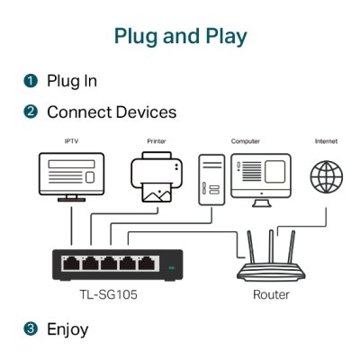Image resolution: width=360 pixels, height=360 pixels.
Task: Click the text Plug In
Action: click(72, 81)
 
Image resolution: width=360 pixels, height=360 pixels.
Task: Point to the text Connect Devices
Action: click(112, 112)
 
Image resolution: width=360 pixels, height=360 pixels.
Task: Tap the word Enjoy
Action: click(67, 328)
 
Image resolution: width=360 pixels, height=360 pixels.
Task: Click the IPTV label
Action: click(72, 141)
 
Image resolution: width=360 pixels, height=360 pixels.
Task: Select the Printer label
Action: click(157, 141)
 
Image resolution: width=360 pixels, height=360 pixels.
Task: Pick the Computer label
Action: click(246, 141)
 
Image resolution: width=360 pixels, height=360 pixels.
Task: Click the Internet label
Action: click(326, 141)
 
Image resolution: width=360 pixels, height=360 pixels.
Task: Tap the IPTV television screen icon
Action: click(72, 175)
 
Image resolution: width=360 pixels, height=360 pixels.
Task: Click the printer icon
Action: click(157, 177)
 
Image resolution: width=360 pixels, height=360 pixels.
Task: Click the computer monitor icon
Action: click(260, 173)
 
